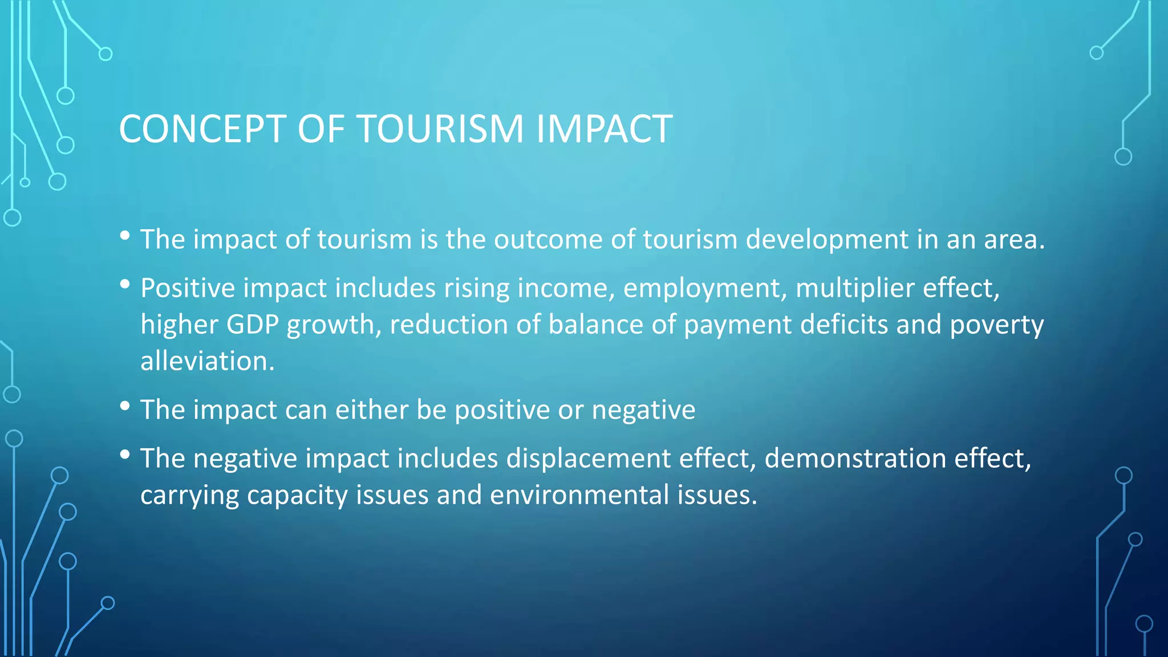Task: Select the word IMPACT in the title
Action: coord(604,129)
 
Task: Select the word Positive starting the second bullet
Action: coord(188,288)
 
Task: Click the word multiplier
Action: coord(855,288)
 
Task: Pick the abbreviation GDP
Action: coord(253,325)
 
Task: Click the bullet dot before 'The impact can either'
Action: coord(125,406)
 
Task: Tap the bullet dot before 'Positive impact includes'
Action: coord(125,284)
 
